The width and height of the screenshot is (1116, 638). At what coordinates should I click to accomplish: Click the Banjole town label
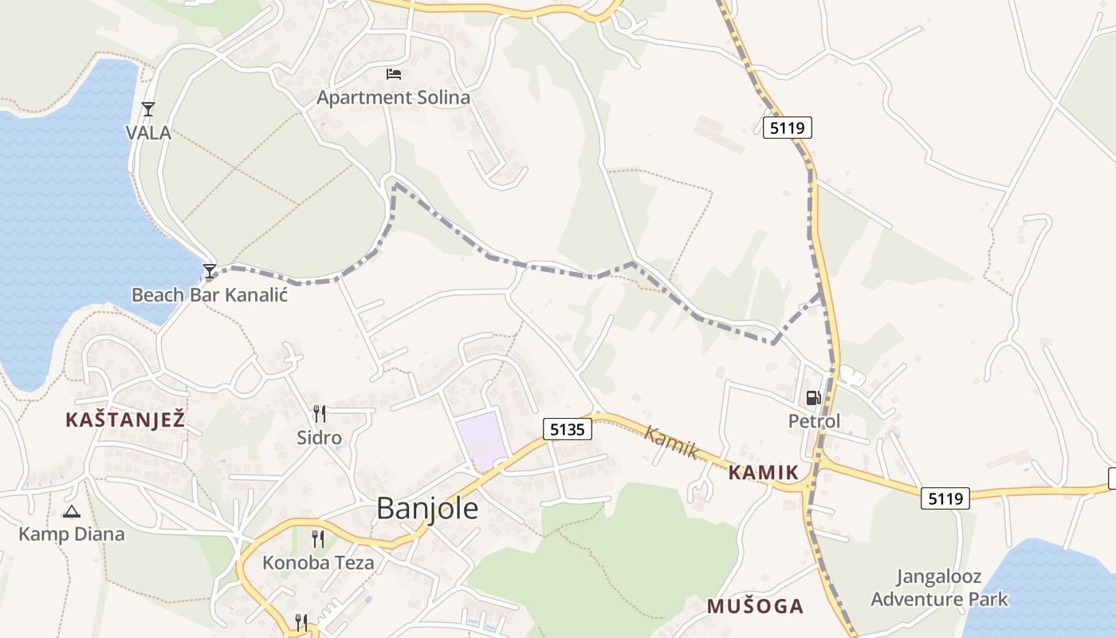[x=427, y=508]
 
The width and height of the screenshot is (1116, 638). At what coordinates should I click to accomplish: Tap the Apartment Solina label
[x=393, y=97]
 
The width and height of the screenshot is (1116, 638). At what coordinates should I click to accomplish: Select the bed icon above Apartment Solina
[x=393, y=74]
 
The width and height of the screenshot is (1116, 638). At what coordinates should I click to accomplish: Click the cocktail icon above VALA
[x=147, y=109]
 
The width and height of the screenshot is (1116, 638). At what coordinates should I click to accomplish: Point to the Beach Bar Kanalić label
[x=209, y=294]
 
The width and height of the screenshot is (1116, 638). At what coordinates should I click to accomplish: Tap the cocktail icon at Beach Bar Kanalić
[x=209, y=271]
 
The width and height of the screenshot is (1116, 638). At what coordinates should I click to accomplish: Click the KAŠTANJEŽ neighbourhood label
[x=125, y=419]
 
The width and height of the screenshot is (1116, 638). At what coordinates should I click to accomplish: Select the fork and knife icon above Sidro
[x=319, y=413]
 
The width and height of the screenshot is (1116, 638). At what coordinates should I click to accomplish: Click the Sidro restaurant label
[x=319, y=437]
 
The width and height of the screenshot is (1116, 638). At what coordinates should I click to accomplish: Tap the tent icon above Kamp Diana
[x=72, y=511]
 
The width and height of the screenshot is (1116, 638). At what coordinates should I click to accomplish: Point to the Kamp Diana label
[x=72, y=534]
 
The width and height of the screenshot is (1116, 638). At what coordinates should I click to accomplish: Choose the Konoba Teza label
[x=318, y=562]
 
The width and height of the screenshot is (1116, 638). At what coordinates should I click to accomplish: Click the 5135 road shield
[x=568, y=429]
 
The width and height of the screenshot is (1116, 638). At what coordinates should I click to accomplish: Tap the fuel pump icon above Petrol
[x=813, y=397]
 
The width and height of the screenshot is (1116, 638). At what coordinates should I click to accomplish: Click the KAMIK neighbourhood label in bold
[x=763, y=472]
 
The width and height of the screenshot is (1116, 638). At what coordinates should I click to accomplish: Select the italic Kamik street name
[x=671, y=443]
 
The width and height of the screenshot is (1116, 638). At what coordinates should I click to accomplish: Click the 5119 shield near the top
[x=787, y=127]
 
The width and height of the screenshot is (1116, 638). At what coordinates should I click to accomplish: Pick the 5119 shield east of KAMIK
[x=945, y=498]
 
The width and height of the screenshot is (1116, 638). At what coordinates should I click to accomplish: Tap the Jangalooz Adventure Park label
[x=939, y=588]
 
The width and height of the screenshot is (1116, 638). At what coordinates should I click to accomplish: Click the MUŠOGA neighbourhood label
[x=755, y=606]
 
